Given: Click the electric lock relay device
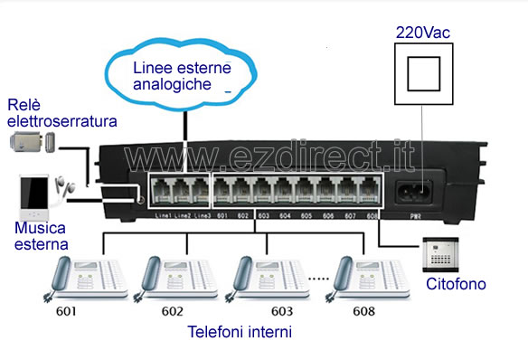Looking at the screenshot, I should [32, 141].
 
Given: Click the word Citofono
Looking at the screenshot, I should [456, 284].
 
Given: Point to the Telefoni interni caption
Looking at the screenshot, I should [239, 332].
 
